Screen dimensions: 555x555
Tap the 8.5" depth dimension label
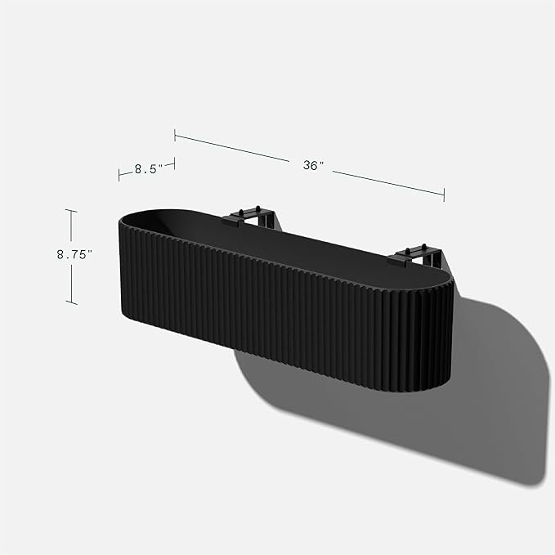point(145,170)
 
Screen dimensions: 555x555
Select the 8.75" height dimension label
point(74,254)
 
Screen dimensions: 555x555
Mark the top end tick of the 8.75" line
point(71,211)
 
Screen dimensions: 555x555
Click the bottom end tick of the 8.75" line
point(71,303)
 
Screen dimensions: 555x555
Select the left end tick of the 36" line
point(174,132)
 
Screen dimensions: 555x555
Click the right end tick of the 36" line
point(444,194)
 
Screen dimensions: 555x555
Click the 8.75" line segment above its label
point(71,229)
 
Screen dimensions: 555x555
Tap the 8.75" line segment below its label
point(71,282)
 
